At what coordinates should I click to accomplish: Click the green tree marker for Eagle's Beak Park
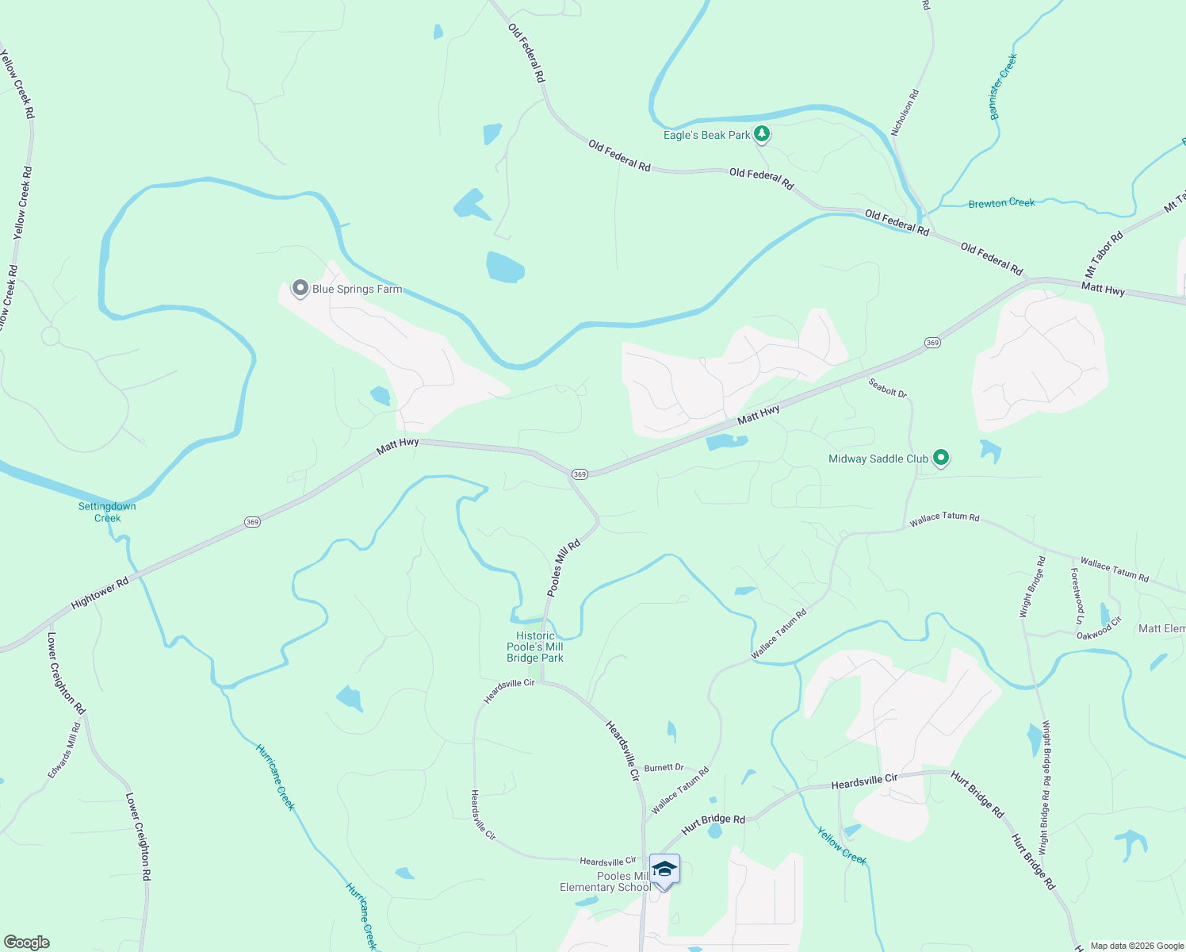761,134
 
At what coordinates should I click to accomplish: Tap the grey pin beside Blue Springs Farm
300,288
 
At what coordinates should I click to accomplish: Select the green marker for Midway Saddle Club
940,458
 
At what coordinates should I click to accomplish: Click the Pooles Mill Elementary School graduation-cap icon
664,869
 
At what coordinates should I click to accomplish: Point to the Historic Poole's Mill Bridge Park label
535,647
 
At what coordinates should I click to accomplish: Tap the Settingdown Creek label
107,512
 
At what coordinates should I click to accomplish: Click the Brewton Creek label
1001,203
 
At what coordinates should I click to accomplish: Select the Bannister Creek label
1003,86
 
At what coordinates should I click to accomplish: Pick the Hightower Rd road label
100,593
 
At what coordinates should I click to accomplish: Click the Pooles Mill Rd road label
564,568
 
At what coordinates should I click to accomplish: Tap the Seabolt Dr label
887,387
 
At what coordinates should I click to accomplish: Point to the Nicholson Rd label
905,112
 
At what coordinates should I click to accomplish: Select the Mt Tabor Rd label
1104,254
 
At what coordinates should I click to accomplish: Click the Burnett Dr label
664,767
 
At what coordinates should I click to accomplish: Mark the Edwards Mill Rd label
64,750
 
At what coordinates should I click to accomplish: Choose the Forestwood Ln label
1077,595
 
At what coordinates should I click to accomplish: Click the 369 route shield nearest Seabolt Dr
932,343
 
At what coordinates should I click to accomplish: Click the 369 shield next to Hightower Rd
252,521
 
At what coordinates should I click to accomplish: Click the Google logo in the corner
26,942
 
